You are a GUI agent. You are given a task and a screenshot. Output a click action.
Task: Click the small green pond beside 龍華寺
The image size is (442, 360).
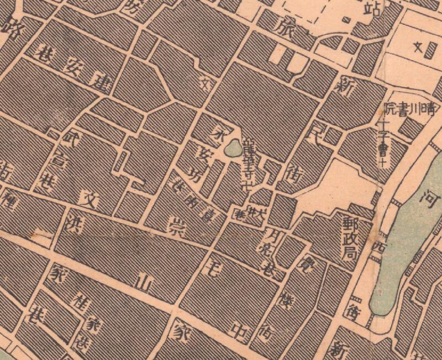[x=233, y=149]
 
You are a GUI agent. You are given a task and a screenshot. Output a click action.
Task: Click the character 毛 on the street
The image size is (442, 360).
[x=212, y=271]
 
